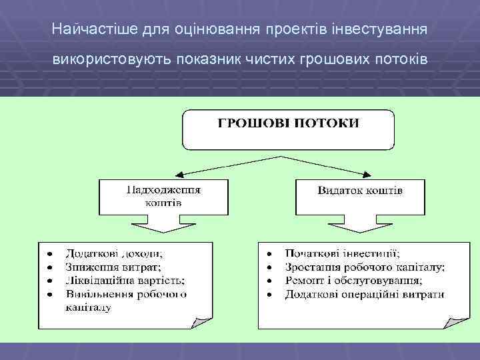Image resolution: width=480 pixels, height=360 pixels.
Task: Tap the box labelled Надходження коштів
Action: coord(163,195)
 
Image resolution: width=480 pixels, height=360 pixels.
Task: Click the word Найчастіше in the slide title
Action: coord(83,29)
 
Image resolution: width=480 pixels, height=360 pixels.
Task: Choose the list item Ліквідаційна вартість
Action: coord(125,280)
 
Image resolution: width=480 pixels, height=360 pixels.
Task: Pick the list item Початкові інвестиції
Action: coord(342,253)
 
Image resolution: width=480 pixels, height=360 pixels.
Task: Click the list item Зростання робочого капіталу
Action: coord(365,267)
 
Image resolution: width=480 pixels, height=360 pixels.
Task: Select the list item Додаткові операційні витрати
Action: coord(365,294)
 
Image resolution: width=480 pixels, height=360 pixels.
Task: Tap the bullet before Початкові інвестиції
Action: coord(269,254)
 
